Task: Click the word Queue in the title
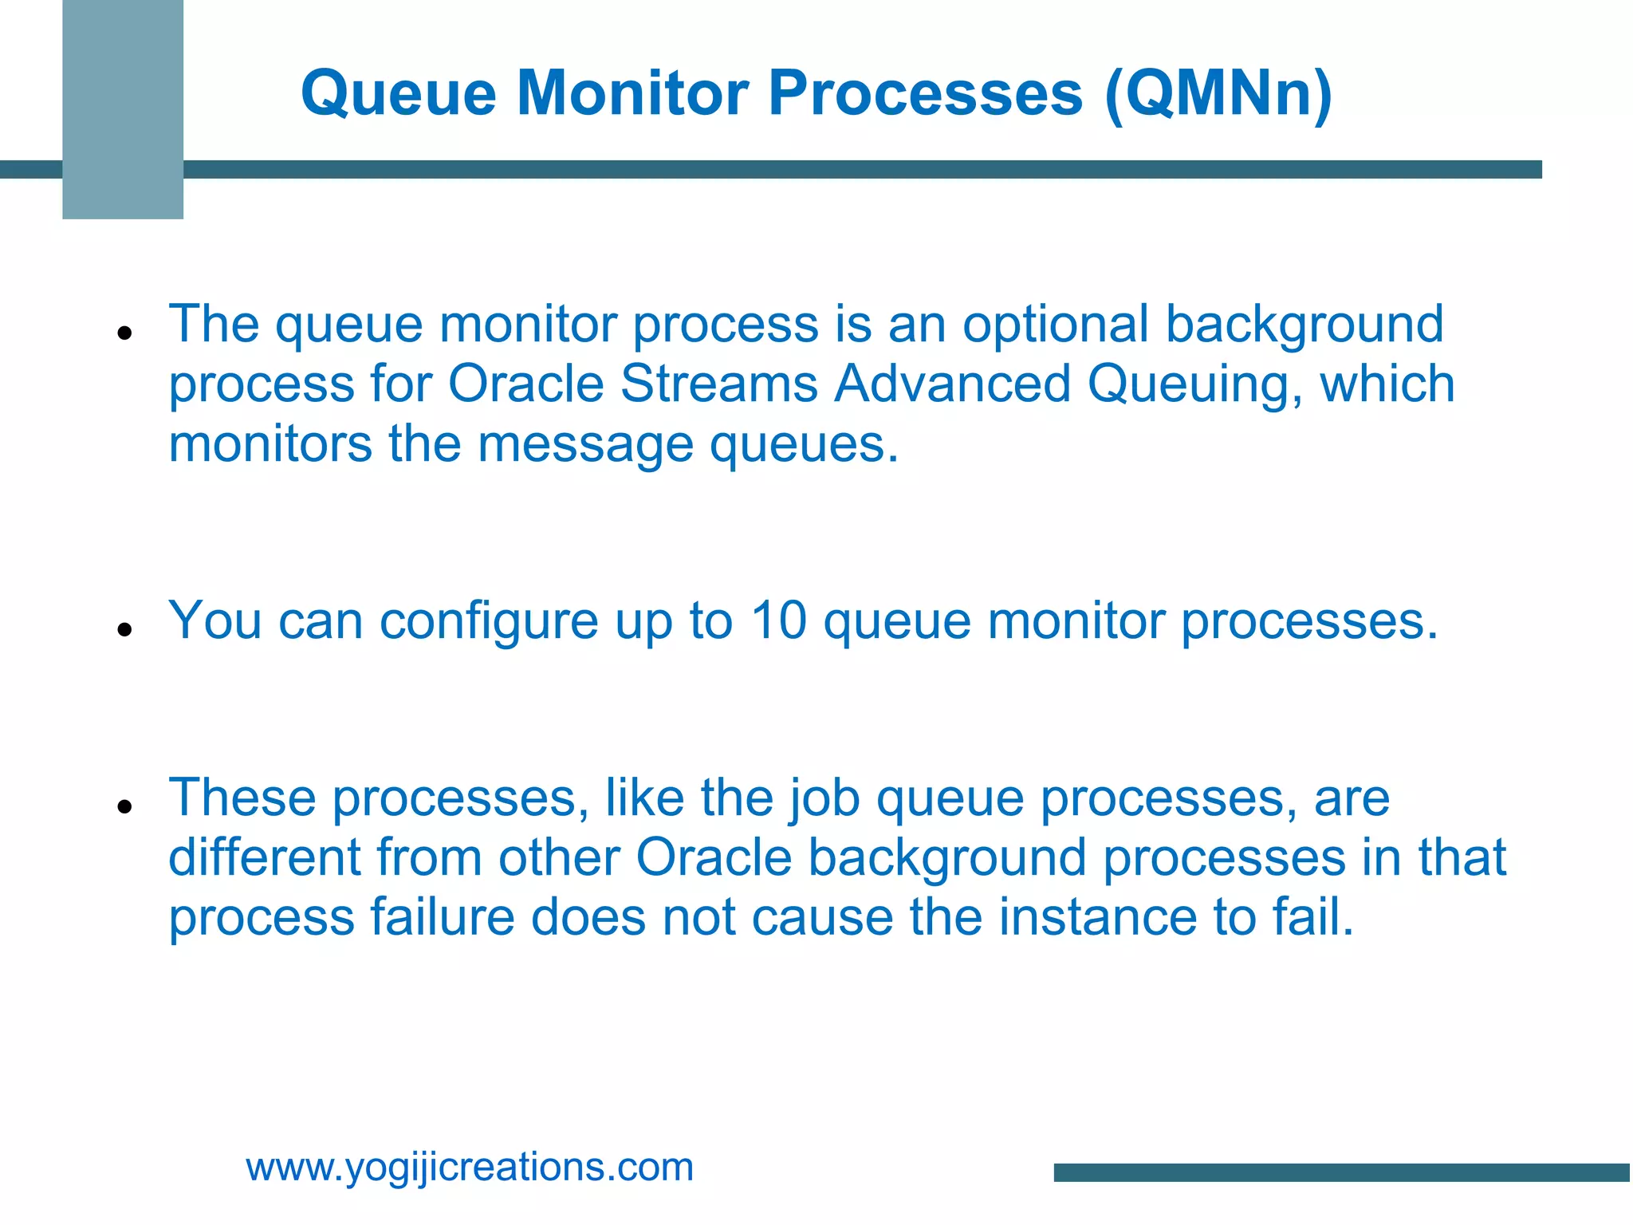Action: tap(399, 94)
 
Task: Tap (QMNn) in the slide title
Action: tap(1218, 94)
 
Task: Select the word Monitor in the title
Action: tap(633, 94)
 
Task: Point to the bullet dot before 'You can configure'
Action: tap(124, 629)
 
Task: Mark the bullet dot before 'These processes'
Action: tap(124, 806)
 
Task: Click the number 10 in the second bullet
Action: tap(778, 620)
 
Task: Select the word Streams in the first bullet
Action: tap(718, 384)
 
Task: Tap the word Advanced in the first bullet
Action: tap(952, 384)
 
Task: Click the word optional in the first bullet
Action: tap(1055, 325)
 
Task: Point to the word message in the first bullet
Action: tap(585, 444)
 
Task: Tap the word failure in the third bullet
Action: tap(442, 917)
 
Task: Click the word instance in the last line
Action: tap(1097, 917)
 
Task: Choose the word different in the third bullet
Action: tap(264, 857)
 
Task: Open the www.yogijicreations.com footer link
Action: tap(470, 1167)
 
